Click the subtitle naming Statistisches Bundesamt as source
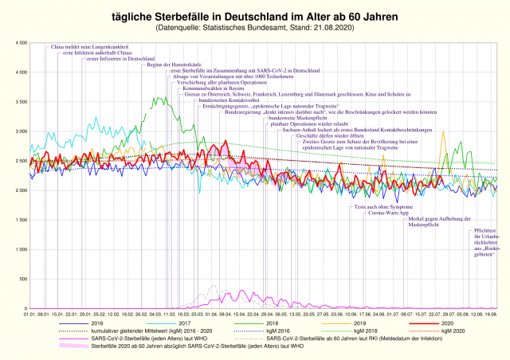255,29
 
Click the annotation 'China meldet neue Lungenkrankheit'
84,48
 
